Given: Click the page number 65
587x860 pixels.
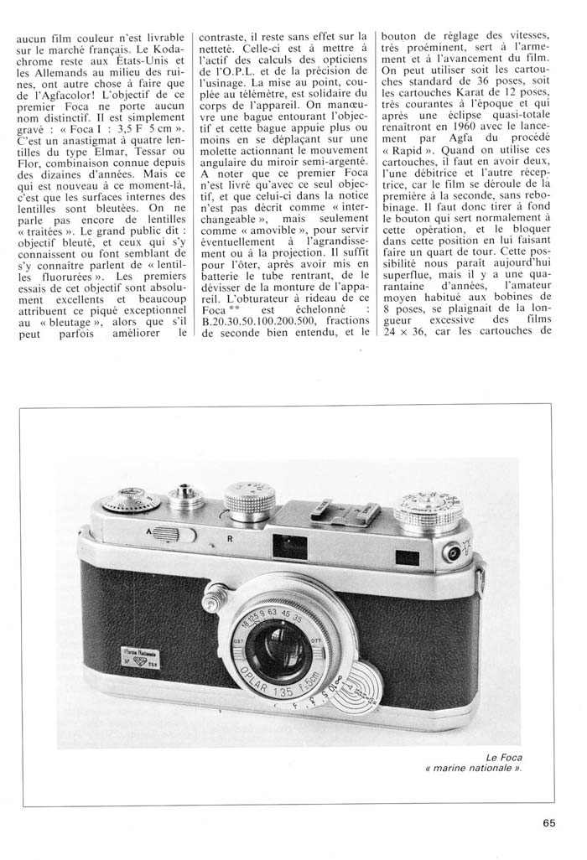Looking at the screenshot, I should pyautogui.click(x=549, y=822).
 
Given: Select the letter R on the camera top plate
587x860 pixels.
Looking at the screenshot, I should pyautogui.click(x=229, y=539).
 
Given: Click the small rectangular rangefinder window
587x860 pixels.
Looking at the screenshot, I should pyautogui.click(x=408, y=557).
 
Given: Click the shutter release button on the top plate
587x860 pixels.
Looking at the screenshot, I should pyautogui.click(x=185, y=497).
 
